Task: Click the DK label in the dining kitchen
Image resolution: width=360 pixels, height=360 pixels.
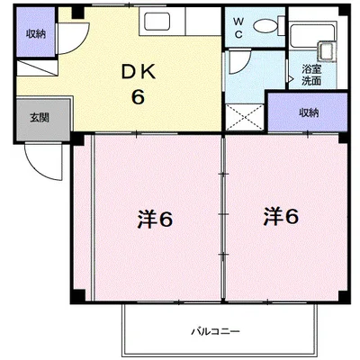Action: (139, 72)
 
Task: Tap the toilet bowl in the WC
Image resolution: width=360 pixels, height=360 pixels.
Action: (265, 25)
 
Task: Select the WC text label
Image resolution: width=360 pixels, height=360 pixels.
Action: (238, 28)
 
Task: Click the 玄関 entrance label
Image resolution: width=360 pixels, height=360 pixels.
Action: (40, 118)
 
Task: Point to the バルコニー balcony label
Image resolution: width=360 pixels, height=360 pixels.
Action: (216, 331)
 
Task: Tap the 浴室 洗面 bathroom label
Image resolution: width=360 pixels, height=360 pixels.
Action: (311, 76)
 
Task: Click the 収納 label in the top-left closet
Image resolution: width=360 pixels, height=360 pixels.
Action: (36, 33)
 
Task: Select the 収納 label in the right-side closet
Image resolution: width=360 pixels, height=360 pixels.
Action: (309, 112)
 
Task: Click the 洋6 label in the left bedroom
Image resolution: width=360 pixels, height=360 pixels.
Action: (155, 220)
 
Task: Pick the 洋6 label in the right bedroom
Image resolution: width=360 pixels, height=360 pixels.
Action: (281, 216)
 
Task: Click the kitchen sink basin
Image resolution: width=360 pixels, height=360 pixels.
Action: (157, 21)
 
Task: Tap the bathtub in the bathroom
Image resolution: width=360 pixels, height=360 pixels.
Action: (312, 36)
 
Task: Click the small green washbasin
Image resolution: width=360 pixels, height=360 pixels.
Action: (327, 51)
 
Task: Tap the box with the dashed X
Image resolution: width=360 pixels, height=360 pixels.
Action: (245, 117)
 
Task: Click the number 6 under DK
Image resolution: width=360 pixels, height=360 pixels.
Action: (138, 96)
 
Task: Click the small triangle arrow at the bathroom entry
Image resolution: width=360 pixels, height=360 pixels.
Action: (290, 79)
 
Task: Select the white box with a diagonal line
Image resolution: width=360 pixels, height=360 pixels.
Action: (36, 68)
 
